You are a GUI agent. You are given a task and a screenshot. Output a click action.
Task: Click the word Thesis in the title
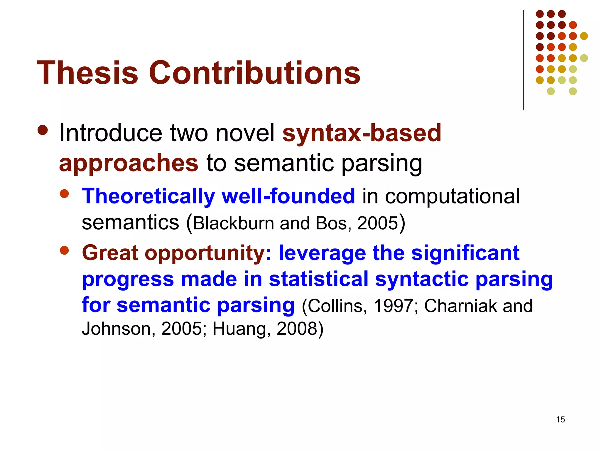coord(87,73)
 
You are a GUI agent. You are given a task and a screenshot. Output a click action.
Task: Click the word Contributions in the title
coord(254,73)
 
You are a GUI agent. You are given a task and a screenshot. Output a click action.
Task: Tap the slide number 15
coord(560,420)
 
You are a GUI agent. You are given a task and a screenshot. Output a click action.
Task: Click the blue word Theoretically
coord(148,196)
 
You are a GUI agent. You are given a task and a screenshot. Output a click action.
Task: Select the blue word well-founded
coord(288,196)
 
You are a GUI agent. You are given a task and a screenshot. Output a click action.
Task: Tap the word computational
coord(452,196)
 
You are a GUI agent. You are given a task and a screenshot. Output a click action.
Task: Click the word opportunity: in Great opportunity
coord(208,253)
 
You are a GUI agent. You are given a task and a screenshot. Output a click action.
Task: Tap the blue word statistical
coord(318,279)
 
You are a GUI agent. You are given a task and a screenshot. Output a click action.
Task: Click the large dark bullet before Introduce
coord(43,130)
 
